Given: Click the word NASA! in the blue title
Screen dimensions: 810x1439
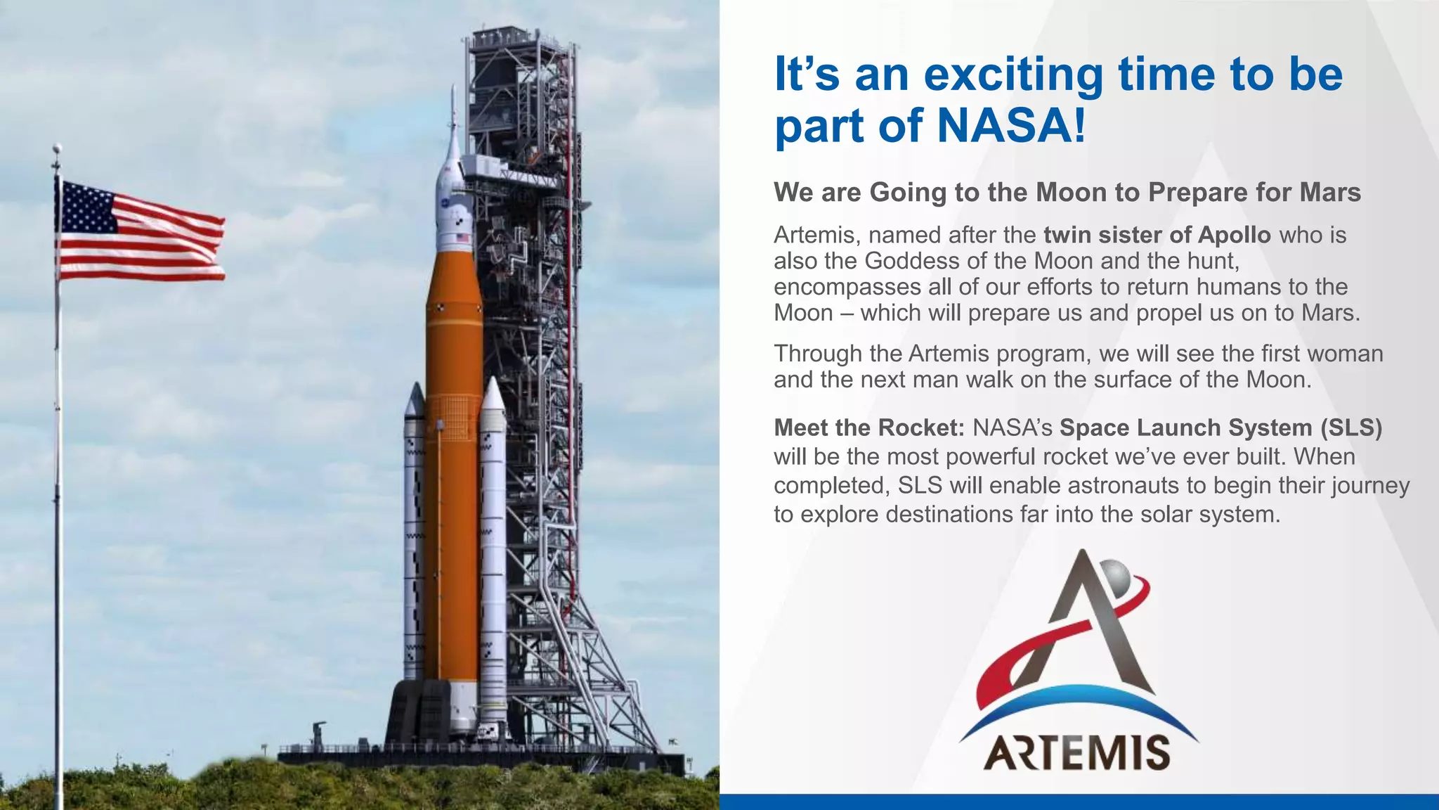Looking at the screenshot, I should (1012, 125).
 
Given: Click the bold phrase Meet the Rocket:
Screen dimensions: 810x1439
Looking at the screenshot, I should (869, 427).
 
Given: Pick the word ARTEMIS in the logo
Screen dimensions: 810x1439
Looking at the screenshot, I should (1077, 753).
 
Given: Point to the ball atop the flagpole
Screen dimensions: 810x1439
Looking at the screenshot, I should (58, 148).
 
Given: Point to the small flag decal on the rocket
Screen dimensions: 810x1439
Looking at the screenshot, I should (462, 238).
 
